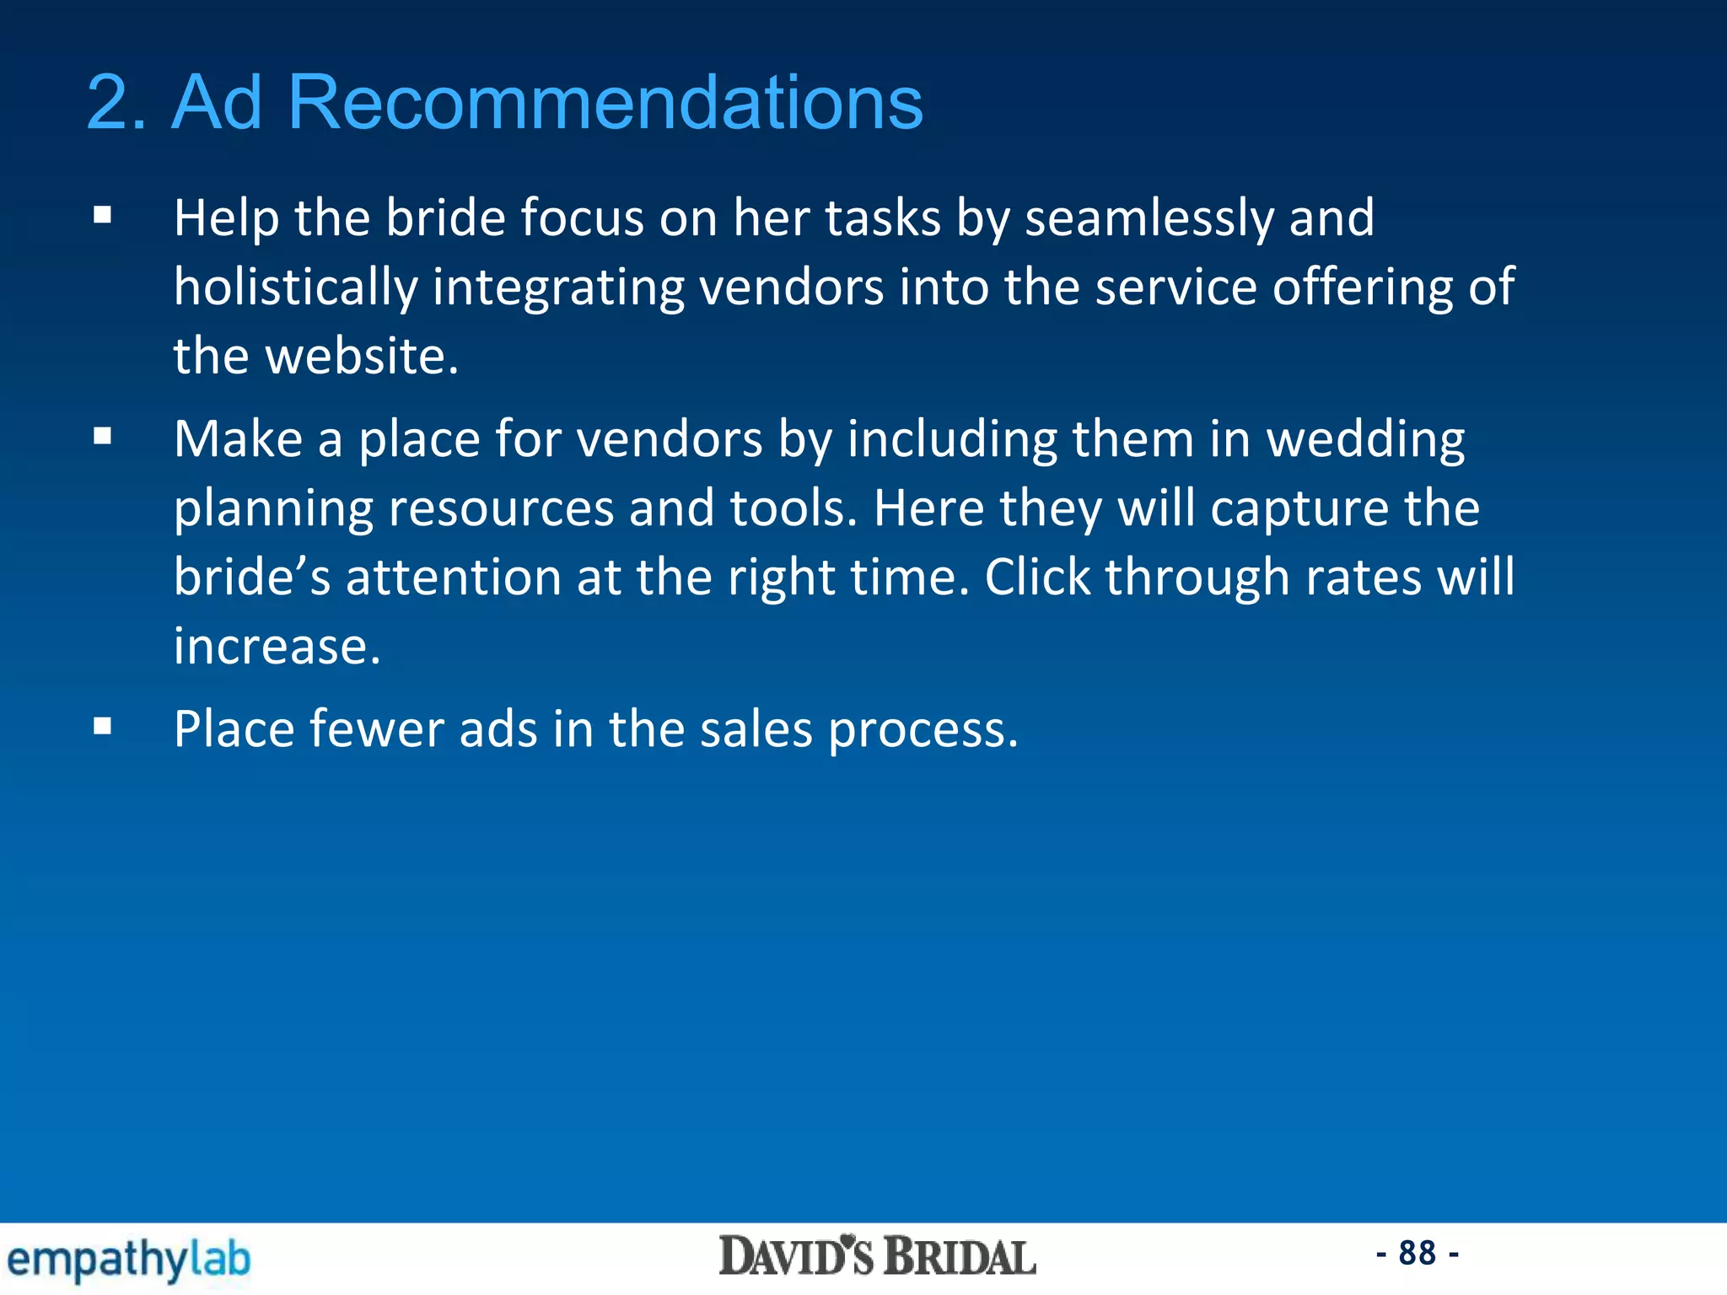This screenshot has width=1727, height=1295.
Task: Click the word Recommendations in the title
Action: click(605, 103)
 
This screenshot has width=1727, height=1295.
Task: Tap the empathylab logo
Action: click(128, 1260)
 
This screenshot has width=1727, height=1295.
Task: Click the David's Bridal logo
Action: click(877, 1257)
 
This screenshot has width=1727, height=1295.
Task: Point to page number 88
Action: click(1417, 1253)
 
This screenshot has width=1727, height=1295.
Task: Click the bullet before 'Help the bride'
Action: click(103, 215)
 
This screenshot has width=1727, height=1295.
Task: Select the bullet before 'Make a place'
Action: click(103, 436)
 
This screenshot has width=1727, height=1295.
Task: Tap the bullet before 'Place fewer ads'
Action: click(103, 726)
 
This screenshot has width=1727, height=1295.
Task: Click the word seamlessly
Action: click(1149, 219)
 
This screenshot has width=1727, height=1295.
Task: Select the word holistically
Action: click(295, 288)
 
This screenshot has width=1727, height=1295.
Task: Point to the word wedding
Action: click(1365, 440)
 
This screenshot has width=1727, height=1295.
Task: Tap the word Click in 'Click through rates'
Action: click(1037, 578)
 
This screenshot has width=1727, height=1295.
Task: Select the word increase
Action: click(277, 647)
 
